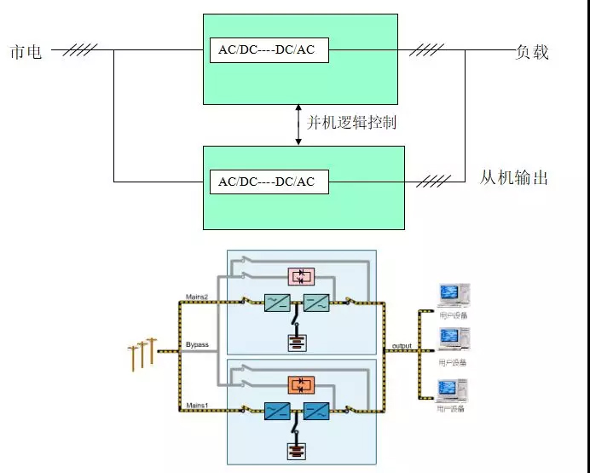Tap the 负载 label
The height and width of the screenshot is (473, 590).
tap(533, 51)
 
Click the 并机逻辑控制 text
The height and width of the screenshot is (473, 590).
tap(351, 123)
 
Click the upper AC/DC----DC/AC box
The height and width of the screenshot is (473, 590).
tap(268, 49)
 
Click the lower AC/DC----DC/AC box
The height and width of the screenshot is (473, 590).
tap(268, 182)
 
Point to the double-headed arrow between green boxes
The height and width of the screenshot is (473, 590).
tap(298, 123)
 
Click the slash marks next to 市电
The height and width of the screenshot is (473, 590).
tap(79, 49)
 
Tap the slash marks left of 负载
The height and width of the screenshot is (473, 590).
tap(427, 49)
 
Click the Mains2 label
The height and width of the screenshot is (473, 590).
tap(197, 297)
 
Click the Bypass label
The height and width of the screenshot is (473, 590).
tap(197, 345)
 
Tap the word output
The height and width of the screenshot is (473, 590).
tap(402, 346)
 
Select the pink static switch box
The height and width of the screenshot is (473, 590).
tap(301, 275)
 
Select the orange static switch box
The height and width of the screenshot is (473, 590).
tap(301, 384)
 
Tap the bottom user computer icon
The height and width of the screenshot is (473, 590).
tap(452, 391)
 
